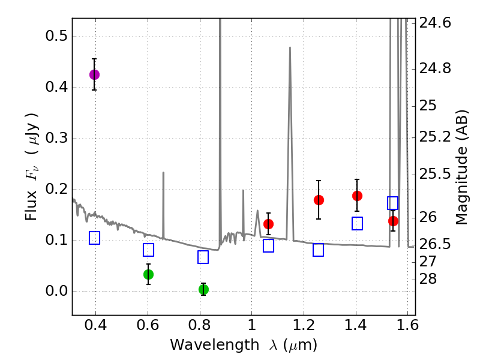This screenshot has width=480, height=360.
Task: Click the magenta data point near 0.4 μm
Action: pyautogui.click(x=94, y=74)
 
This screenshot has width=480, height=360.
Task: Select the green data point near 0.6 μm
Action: pyautogui.click(x=148, y=274)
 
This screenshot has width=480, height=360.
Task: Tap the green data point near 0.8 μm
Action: pyautogui.click(x=203, y=289)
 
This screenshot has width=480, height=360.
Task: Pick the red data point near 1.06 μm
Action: pyautogui.click(x=268, y=224)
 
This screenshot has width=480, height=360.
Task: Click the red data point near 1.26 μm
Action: pyautogui.click(x=319, y=200)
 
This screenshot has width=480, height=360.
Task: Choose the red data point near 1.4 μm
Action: pyautogui.click(x=357, y=196)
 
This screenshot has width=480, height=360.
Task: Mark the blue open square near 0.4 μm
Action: pyautogui.click(x=94, y=238)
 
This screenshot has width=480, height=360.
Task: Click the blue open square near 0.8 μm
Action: pyautogui.click(x=203, y=257)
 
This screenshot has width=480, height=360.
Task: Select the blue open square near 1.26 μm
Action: pyautogui.click(x=319, y=250)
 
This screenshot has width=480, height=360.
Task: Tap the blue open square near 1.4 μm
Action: pyautogui.click(x=357, y=223)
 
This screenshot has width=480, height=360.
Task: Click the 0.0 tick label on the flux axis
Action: pyautogui.click(x=56, y=292)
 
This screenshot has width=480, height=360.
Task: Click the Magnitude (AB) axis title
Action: pyautogui.click(x=461, y=167)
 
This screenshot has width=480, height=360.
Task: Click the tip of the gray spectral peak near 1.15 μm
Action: pyautogui.click(x=290, y=47)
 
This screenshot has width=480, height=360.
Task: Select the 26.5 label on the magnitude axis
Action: pyautogui.click(x=434, y=245)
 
